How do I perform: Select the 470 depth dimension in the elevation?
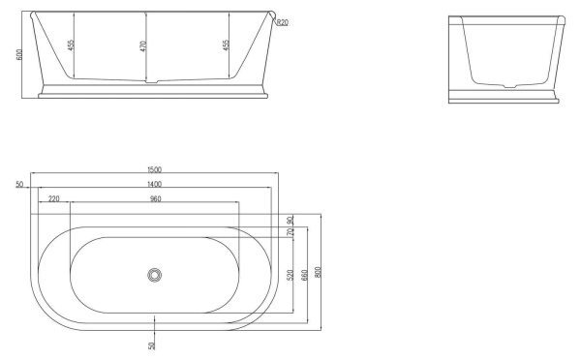click(143, 45)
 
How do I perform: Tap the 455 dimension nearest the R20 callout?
click(226, 45)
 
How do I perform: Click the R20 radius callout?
click(281, 23)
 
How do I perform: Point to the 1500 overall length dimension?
click(155, 170)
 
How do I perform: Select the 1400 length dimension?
click(155, 184)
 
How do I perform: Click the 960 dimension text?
click(155, 198)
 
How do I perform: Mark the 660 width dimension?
click(303, 276)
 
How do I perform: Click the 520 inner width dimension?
click(290, 276)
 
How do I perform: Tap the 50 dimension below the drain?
click(151, 345)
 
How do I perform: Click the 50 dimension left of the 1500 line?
click(20, 184)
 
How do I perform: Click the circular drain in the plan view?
click(154, 275)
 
